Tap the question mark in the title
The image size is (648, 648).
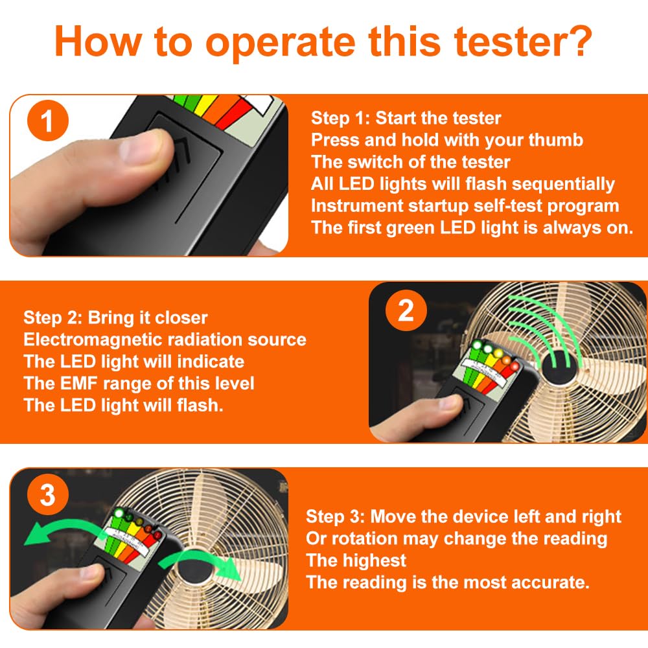[580, 40]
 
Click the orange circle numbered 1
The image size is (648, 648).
[47, 121]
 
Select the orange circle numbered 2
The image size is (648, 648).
[406, 310]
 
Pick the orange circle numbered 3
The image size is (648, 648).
[47, 494]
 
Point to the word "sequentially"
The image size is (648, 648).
[563, 184]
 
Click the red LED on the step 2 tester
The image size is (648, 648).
[515, 365]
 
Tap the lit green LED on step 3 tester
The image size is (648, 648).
[119, 513]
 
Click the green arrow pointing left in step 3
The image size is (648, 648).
[61, 528]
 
